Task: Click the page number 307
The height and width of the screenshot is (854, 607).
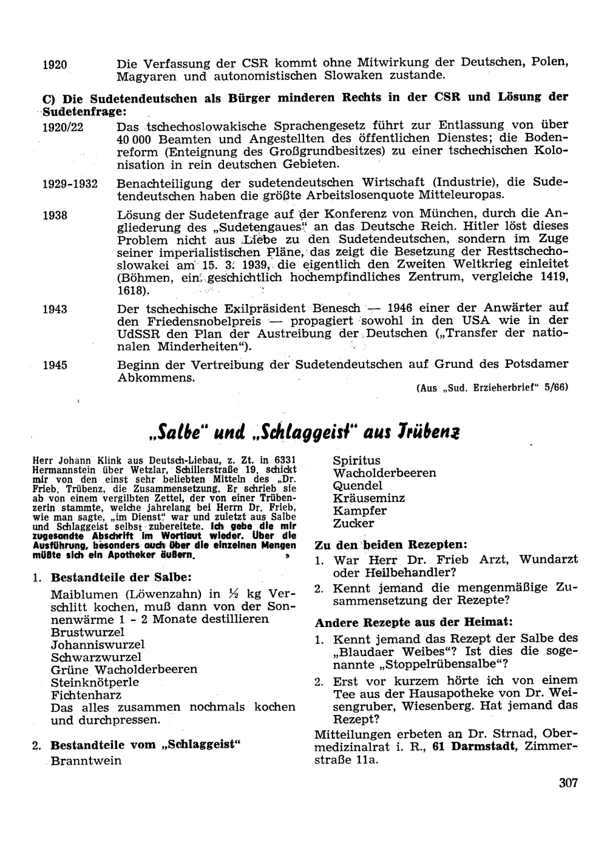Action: (568, 782)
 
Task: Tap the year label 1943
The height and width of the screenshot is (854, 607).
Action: (55, 309)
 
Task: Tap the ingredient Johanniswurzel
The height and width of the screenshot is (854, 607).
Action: (98, 644)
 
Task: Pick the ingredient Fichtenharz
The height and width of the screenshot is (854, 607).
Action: (86, 694)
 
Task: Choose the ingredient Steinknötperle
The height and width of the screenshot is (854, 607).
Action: (95, 682)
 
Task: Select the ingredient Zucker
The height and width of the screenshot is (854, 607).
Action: (353, 523)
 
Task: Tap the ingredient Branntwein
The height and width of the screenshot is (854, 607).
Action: (86, 761)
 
